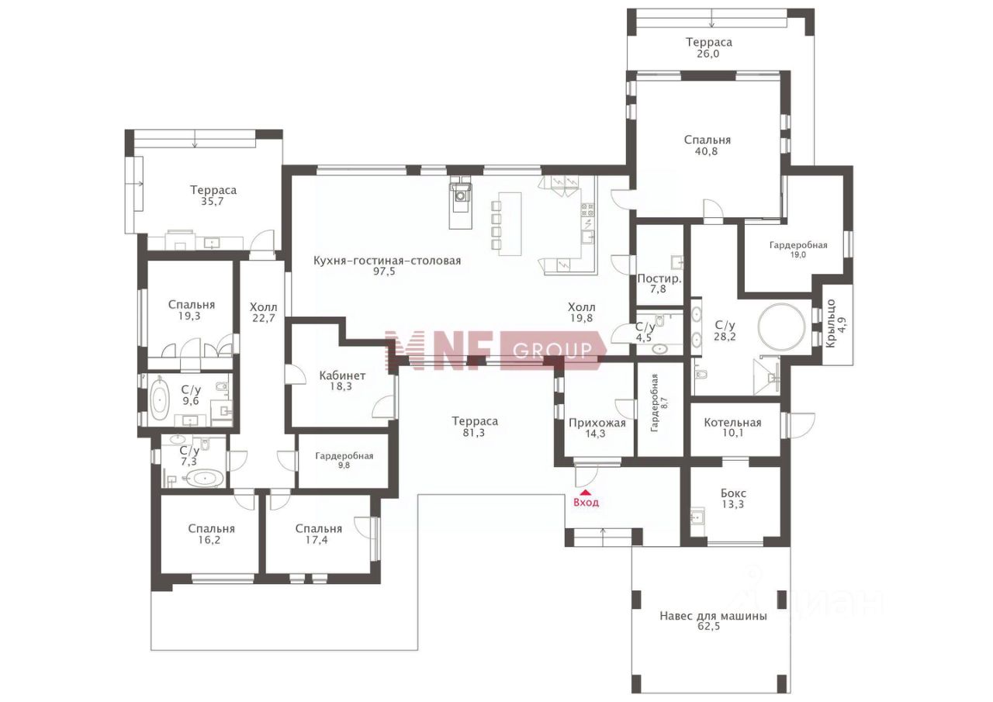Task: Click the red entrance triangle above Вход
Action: (586, 492)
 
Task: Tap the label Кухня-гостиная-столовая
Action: (387, 261)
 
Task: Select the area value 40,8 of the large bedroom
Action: (707, 151)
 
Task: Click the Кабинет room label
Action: (342, 375)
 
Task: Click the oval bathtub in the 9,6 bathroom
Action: (160, 399)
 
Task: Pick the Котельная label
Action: (732, 423)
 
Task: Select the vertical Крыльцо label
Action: (831, 323)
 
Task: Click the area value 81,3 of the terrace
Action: (474, 433)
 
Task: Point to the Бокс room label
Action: (733, 493)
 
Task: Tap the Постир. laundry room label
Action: (659, 278)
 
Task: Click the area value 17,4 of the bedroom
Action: (317, 540)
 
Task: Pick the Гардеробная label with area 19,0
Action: (798, 245)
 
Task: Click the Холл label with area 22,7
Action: (264, 307)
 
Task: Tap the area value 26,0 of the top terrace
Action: (708, 54)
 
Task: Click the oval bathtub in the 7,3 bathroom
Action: (204, 479)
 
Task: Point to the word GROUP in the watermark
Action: (552, 351)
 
